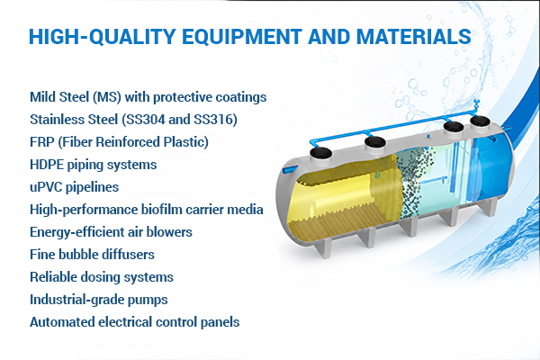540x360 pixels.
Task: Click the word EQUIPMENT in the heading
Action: pyautogui.click(x=242, y=37)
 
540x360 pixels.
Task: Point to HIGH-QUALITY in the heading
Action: pyautogui.click(x=103, y=37)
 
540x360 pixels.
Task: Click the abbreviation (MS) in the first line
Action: pyautogui.click(x=107, y=97)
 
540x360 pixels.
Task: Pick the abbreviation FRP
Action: pyautogui.click(x=42, y=142)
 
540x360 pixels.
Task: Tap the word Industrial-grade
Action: pyautogui.click(x=76, y=300)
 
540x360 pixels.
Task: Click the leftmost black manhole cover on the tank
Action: pyautogui.click(x=320, y=153)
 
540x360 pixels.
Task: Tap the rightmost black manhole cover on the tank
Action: pyautogui.click(x=480, y=121)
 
